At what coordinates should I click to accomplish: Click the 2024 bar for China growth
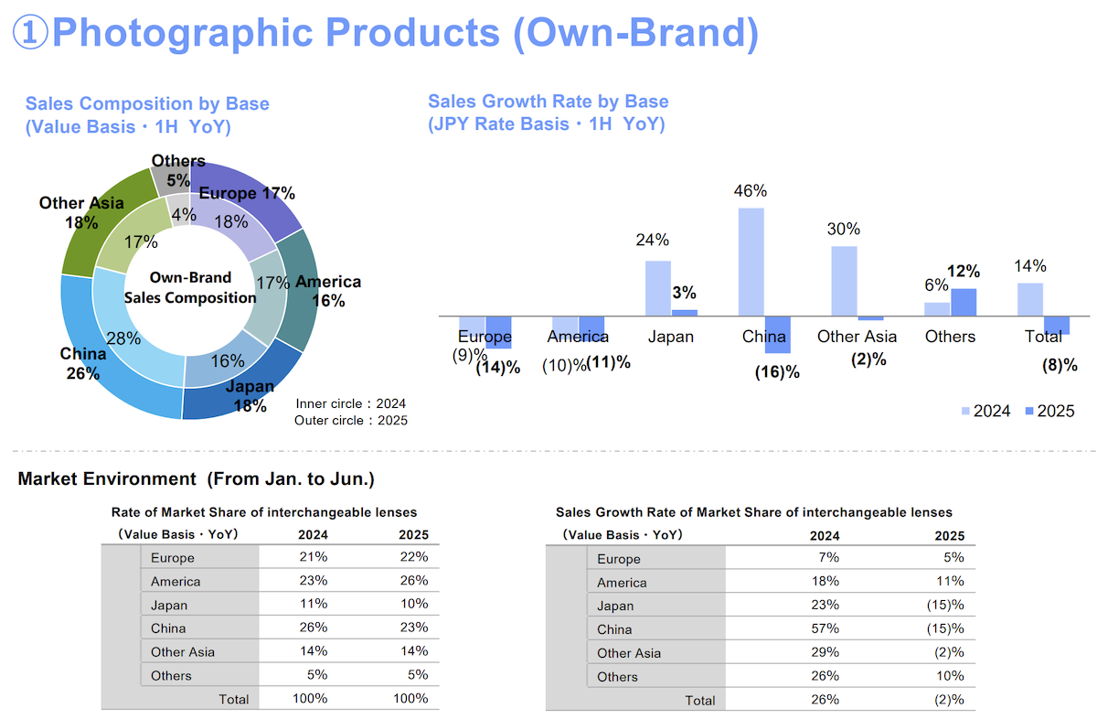[751, 263]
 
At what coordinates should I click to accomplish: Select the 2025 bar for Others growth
[964, 303]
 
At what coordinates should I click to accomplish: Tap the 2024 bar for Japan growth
[657, 289]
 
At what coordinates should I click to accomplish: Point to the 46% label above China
[751, 190]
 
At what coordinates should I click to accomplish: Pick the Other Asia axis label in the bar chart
[857, 337]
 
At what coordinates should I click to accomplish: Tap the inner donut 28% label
[123, 338]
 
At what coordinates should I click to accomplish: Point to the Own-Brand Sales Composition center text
[190, 287]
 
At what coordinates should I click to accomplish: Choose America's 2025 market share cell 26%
[414, 580]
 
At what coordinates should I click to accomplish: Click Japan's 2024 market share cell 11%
[314, 604]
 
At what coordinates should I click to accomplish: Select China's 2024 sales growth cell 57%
[825, 628]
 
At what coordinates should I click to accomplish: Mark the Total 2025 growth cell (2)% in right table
[949, 700]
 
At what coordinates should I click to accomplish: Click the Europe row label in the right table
[619, 559]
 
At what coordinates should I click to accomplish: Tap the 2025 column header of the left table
[413, 535]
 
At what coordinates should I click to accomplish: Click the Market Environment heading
[196, 478]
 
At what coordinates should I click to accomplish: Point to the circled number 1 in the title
[30, 32]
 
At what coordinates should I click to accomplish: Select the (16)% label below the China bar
[777, 372]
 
